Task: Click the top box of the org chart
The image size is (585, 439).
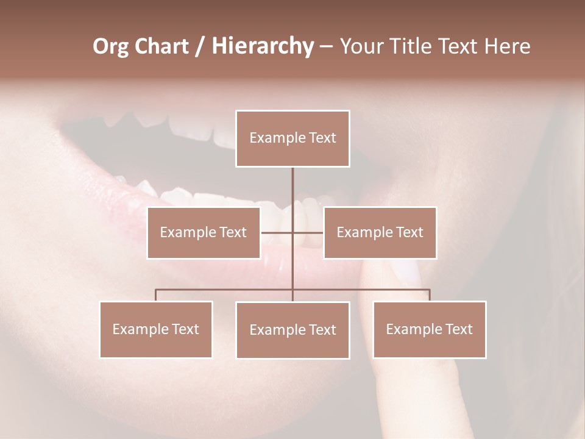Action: coord(292,138)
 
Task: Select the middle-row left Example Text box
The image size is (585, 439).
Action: coord(204,232)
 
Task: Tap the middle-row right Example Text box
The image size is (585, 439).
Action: coord(380,232)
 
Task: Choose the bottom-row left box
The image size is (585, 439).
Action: coord(156,329)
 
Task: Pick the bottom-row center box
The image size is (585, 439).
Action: coord(292,330)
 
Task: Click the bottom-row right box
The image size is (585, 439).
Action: coord(430,329)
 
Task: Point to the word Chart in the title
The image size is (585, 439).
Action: coord(161,46)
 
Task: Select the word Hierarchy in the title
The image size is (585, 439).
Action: coord(262,46)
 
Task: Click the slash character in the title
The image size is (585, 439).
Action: coord(199,46)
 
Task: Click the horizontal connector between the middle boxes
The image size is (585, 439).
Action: coord(277,232)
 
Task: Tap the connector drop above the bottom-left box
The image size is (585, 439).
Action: coord(156,295)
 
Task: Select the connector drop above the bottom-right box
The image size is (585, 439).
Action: coord(430,295)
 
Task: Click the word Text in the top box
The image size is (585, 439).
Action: coord(322,138)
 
